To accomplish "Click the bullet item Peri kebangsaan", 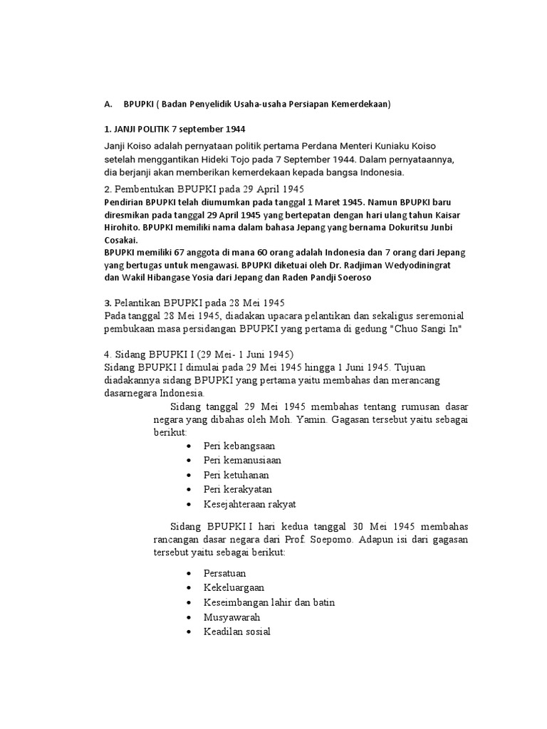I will tap(239, 445).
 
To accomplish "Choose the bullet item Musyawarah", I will tap(231, 617).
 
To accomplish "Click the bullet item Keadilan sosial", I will tap(236, 631).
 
